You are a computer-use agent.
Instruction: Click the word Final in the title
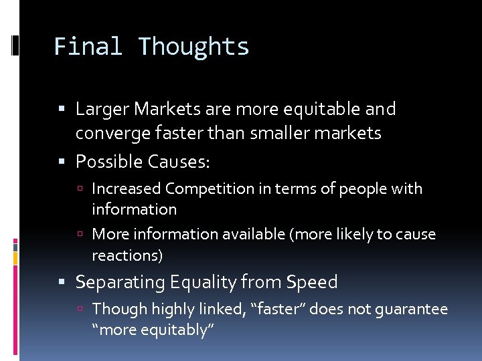88,47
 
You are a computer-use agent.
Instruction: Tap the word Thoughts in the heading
193,47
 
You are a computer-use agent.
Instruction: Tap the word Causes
179,162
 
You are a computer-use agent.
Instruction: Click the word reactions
127,255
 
